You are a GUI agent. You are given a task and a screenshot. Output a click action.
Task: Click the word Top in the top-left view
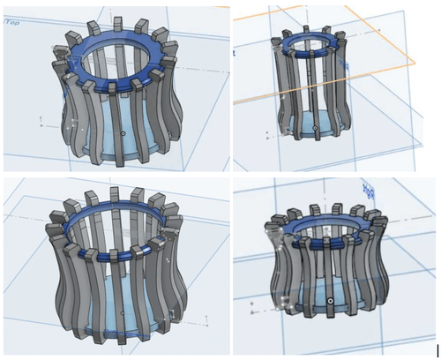12,22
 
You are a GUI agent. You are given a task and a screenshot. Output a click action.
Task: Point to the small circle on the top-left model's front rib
122,134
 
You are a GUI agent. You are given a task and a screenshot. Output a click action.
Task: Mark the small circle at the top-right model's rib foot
316,138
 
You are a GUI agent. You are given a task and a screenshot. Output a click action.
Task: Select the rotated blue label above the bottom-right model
368,189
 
